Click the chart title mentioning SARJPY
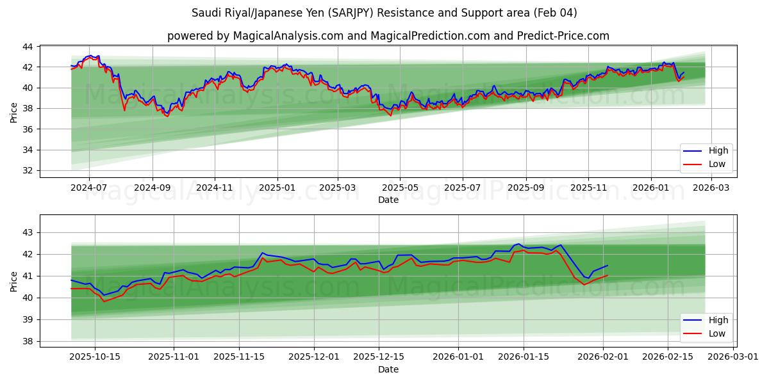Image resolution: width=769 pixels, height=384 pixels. click(x=384, y=13)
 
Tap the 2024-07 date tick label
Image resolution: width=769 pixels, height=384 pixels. click(x=89, y=188)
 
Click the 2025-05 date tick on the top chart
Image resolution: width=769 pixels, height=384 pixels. click(x=400, y=188)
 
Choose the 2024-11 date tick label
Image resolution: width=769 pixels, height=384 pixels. click(x=214, y=188)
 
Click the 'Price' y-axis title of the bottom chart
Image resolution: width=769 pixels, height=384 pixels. click(x=14, y=281)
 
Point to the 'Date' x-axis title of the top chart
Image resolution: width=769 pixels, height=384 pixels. click(x=388, y=200)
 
